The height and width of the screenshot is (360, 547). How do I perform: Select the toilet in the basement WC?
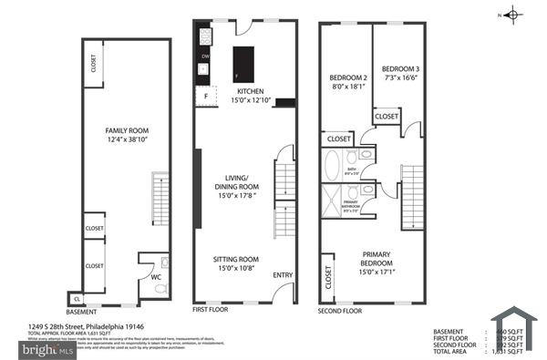tap(160, 289)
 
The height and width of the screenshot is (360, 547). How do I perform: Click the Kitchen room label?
tap(250, 92)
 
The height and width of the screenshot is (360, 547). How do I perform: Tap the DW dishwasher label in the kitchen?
tap(206, 56)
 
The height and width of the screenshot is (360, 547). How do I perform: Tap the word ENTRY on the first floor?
tap(284, 274)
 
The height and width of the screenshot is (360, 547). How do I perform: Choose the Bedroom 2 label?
tap(347, 78)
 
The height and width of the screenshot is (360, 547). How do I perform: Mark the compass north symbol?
tap(512, 14)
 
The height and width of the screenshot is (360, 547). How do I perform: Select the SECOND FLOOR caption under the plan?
tap(341, 310)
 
